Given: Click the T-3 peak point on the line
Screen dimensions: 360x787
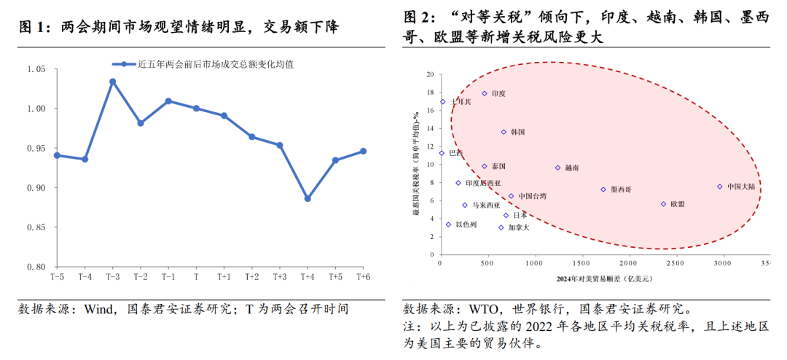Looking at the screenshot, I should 113,82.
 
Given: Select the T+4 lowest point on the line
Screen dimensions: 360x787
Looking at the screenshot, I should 308,198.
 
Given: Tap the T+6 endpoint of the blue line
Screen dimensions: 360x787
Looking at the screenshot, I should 363,151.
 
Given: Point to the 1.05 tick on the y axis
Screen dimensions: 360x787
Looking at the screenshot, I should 36,69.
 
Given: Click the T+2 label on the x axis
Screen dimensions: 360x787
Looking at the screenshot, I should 252,278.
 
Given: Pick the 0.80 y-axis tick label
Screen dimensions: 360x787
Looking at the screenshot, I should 36,267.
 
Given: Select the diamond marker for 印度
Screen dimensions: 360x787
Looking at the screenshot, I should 484,93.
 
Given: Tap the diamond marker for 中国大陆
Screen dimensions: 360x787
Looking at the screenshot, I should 720,187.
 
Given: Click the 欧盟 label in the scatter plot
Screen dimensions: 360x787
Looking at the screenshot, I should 678,205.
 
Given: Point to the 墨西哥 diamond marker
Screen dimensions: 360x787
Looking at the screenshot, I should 603,189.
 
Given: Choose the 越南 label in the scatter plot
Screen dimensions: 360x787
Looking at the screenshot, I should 572,168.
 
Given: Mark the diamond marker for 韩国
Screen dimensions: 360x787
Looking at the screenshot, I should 503,132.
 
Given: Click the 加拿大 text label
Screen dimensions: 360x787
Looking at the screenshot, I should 520,228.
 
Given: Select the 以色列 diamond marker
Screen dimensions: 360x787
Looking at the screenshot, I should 448,224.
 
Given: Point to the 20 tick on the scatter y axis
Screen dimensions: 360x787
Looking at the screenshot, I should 429,74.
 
